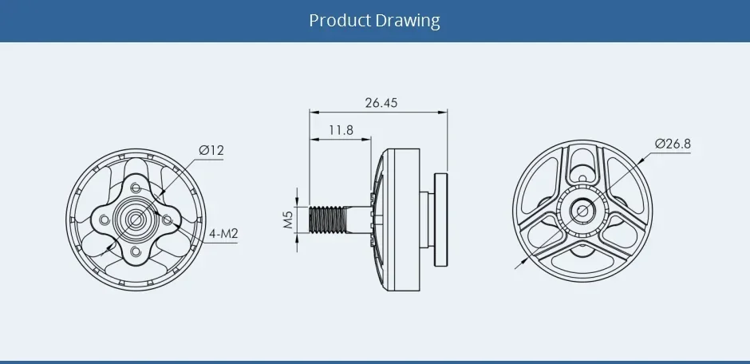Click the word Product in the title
[x=340, y=20]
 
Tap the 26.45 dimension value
[x=381, y=103]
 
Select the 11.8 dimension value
[x=341, y=129]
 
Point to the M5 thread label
[x=288, y=219]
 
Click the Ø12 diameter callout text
[x=211, y=150]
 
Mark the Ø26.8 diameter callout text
[x=672, y=144]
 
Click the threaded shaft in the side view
[x=328, y=219]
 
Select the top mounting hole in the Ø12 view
[x=136, y=187]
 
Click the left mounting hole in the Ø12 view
[x=103, y=219]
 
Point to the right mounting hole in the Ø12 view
[x=168, y=219]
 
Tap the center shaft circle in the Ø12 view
[x=135, y=219]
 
